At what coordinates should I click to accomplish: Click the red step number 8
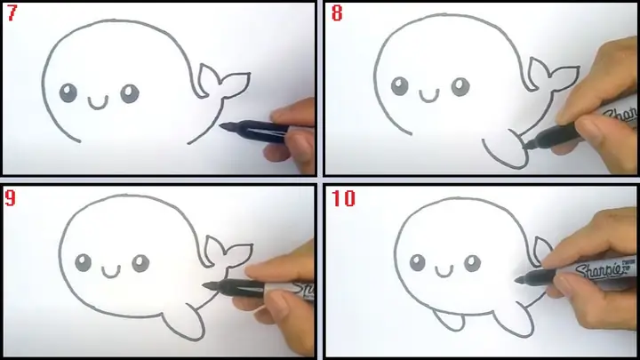point(337,15)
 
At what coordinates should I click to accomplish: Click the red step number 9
point(13,199)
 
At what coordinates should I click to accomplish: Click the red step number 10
point(343,199)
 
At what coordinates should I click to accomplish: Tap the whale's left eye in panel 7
point(68,92)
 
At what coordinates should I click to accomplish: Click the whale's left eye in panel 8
point(399,86)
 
